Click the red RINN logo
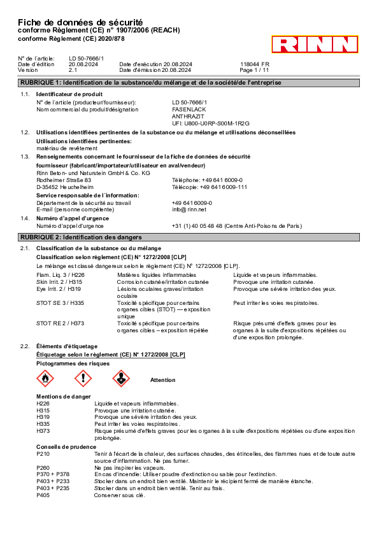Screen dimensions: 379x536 (315, 44)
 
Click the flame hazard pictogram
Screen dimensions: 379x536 (45, 378)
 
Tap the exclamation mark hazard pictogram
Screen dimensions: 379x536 (83, 378)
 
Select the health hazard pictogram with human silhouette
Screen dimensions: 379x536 (121, 378)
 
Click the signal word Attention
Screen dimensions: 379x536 (163, 380)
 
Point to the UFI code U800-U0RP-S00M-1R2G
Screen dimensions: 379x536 (211, 123)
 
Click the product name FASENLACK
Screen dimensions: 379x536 (189, 109)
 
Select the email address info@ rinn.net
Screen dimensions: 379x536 (189, 209)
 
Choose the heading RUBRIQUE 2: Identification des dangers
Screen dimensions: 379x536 (81, 237)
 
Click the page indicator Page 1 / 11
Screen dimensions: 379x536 (254, 70)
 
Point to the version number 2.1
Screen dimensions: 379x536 (73, 70)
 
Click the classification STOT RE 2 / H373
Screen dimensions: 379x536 (61, 323)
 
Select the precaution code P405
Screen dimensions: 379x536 (43, 495)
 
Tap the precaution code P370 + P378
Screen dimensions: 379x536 (53, 474)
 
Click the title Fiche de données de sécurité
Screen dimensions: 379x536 (80, 22)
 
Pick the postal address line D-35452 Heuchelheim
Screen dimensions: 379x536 (65, 187)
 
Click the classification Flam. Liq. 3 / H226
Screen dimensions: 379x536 (61, 275)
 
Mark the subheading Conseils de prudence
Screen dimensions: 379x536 (66, 447)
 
